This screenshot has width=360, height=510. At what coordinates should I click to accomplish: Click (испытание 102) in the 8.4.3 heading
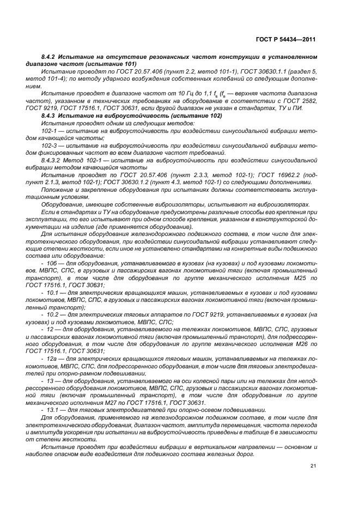coord(191,116)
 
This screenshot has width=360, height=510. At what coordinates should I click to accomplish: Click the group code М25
coord(292,277)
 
